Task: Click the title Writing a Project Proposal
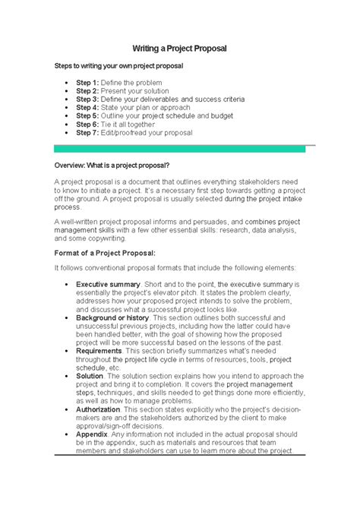click(x=180, y=49)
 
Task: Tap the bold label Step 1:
click(x=87, y=81)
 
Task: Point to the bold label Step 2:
click(x=87, y=90)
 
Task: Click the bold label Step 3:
click(x=87, y=99)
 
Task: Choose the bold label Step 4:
click(x=87, y=107)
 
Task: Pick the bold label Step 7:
click(x=87, y=132)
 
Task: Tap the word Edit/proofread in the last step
click(x=125, y=132)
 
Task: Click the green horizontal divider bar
click(x=179, y=149)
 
